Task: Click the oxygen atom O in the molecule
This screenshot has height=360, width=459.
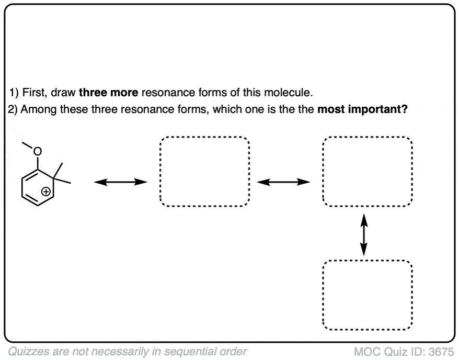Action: (x=37, y=152)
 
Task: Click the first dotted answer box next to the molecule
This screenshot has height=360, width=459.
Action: (x=204, y=172)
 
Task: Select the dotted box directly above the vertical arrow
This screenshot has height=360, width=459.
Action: (x=368, y=172)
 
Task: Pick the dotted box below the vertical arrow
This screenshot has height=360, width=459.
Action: (x=368, y=294)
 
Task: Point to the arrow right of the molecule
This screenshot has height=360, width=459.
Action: (x=120, y=182)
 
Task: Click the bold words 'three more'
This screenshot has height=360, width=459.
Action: (x=109, y=94)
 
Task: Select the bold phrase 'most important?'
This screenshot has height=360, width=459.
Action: (x=363, y=111)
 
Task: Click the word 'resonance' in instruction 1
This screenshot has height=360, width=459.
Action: (x=166, y=94)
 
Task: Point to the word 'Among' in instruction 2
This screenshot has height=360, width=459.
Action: (x=37, y=111)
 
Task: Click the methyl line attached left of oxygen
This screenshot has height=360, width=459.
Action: (x=28, y=145)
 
